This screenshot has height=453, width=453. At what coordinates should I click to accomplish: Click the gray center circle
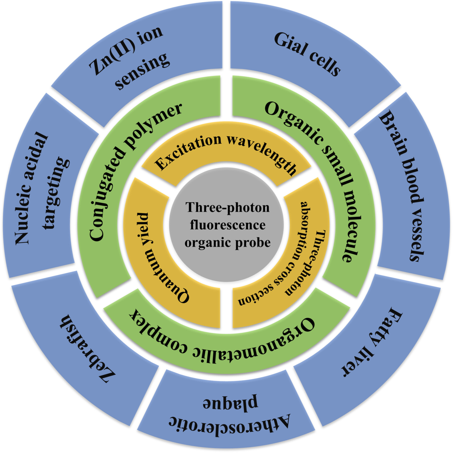tap(227, 225)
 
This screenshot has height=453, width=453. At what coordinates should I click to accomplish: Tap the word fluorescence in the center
tap(228, 225)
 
